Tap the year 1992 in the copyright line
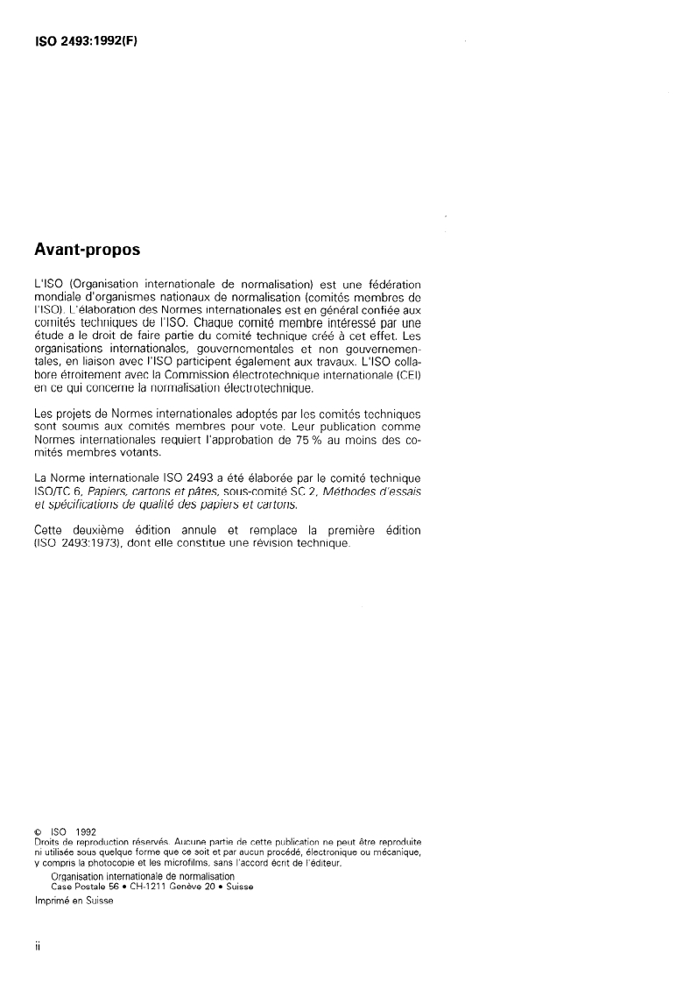coord(86,831)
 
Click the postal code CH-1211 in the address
coord(153,887)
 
